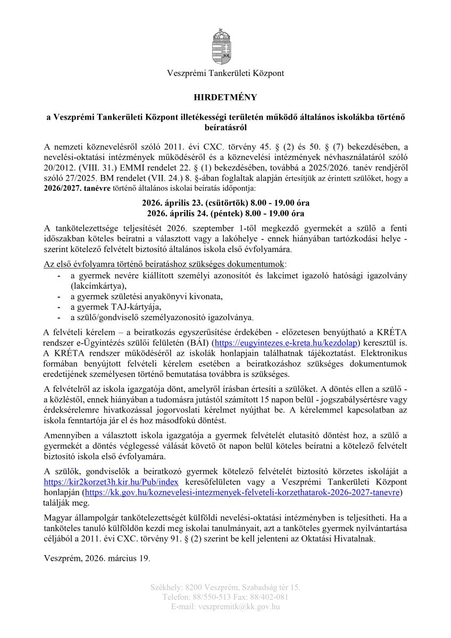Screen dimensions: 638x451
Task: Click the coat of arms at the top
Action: [225, 47]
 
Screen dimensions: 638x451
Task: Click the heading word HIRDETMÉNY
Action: [225, 97]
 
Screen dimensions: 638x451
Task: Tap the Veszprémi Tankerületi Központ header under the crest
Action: [225, 73]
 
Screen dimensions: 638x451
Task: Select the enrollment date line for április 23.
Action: [225, 203]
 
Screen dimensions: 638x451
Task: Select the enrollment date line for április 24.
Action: [225, 213]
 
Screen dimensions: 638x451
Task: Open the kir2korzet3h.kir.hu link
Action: [111, 482]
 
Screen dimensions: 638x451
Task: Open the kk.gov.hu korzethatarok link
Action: [243, 492]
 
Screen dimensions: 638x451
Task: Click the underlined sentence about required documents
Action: [165, 264]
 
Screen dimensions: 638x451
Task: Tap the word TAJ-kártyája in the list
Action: [137, 307]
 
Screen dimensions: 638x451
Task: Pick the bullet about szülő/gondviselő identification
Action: [162, 317]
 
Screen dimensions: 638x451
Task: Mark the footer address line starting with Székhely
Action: [225, 587]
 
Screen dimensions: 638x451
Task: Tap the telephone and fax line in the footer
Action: [225, 597]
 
